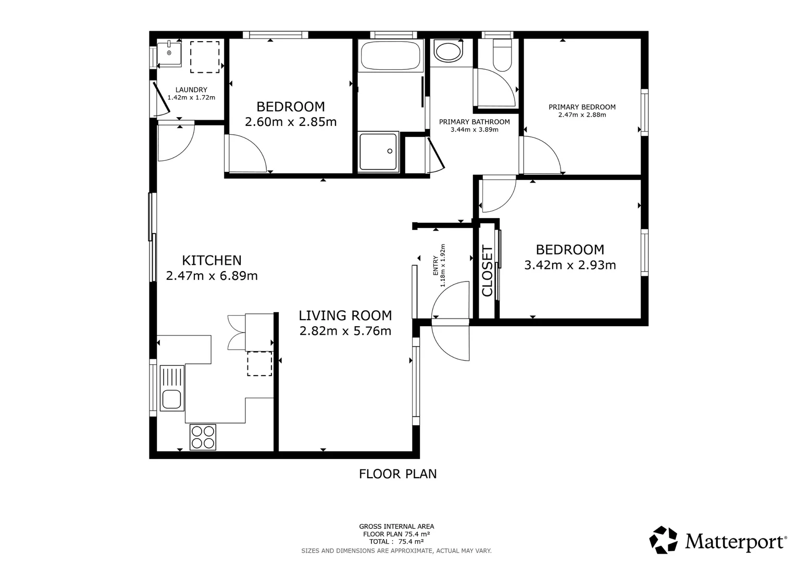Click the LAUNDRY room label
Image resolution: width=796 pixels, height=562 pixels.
pyautogui.click(x=191, y=90)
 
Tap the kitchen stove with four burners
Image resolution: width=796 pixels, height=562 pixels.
pyautogui.click(x=203, y=437)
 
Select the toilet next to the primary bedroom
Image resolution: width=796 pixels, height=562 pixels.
pyautogui.click(x=503, y=55)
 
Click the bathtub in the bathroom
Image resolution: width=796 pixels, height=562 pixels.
pyautogui.click(x=391, y=55)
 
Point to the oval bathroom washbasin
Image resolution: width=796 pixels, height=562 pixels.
pyautogui.click(x=448, y=53)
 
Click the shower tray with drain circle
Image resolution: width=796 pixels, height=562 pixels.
pyautogui.click(x=378, y=151)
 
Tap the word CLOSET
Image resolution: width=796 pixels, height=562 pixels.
pyautogui.click(x=487, y=271)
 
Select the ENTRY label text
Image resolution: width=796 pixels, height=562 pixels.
pyautogui.click(x=436, y=265)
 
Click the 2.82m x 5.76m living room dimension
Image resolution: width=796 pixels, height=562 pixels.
pyautogui.click(x=345, y=331)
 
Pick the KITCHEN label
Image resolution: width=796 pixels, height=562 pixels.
pyautogui.click(x=212, y=261)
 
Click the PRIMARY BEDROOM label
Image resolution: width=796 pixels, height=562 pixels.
pyautogui.click(x=582, y=107)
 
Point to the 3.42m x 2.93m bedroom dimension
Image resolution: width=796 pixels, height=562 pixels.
pyautogui.click(x=570, y=265)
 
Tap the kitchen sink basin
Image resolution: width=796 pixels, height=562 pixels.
pyautogui.click(x=172, y=399)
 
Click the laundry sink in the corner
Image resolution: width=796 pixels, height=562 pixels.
pyautogui.click(x=169, y=54)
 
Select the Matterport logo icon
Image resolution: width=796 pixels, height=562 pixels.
pyautogui.click(x=663, y=540)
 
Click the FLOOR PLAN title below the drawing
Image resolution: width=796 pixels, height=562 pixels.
pyautogui.click(x=397, y=474)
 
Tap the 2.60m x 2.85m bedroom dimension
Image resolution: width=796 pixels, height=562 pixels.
pyautogui.click(x=291, y=122)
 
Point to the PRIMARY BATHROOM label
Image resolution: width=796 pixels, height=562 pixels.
pyautogui.click(x=475, y=122)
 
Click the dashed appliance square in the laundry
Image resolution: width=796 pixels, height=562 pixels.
pyautogui.click(x=205, y=57)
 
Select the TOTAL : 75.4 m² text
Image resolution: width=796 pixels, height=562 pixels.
pyautogui.click(x=396, y=542)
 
